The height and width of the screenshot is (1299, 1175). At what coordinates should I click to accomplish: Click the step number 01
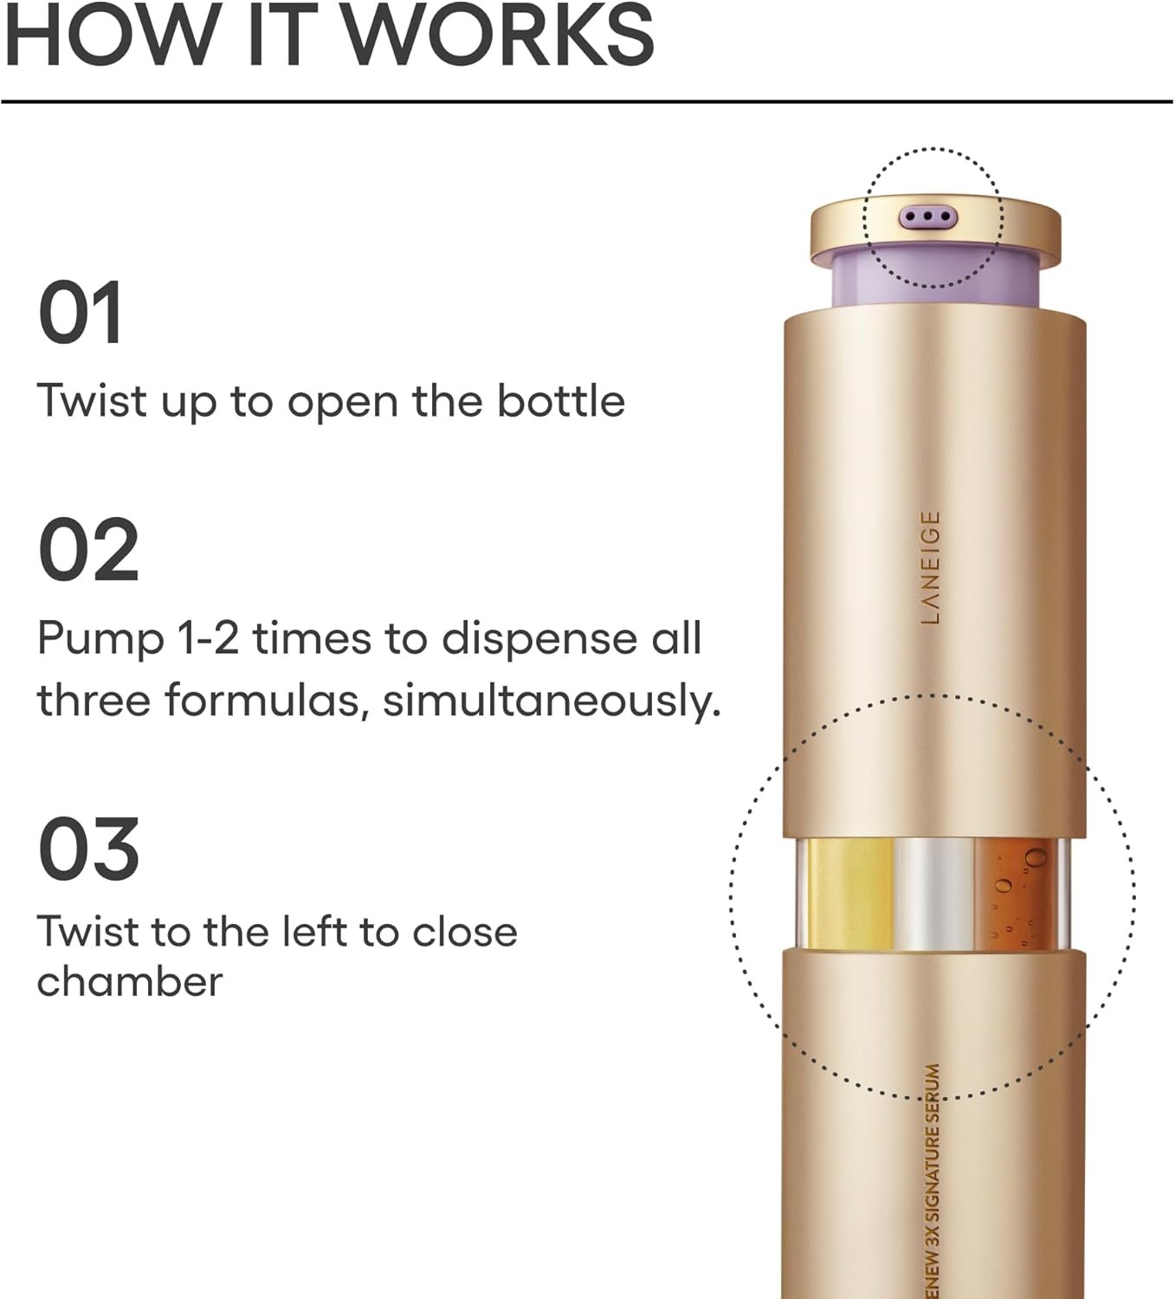pos(81,313)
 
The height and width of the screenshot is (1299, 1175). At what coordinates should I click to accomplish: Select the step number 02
pos(88,550)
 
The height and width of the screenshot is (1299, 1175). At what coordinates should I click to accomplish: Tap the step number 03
pos(88,849)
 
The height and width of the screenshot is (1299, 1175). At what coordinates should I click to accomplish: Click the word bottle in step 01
pos(560,401)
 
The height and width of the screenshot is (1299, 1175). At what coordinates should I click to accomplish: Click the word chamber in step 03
pos(130,982)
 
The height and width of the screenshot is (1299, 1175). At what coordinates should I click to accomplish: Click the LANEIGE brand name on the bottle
pos(930,567)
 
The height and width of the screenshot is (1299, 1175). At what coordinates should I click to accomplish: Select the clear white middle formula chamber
pos(934,895)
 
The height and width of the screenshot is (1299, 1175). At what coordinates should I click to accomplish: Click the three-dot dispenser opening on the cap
pos(927,216)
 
